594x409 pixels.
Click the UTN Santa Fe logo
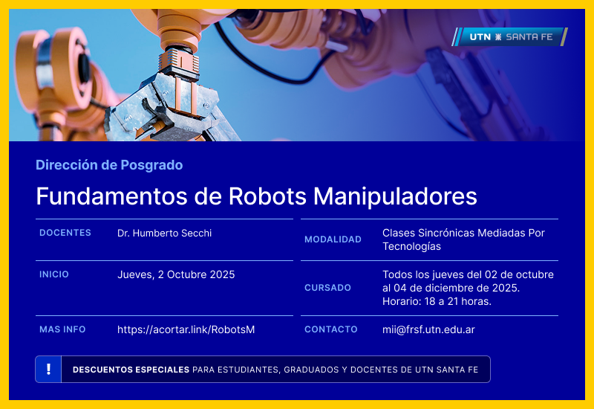click(510, 36)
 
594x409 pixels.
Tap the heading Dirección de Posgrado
click(109, 165)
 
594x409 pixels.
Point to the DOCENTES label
click(65, 233)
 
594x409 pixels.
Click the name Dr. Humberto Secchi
click(164, 233)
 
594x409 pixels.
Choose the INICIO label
click(54, 274)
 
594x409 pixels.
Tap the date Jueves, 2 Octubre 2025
click(176, 274)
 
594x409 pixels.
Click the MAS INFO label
click(62, 329)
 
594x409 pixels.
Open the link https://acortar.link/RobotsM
click(186, 329)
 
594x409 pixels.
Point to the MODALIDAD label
click(333, 239)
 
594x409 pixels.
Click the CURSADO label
click(327, 288)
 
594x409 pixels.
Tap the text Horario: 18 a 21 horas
click(437, 301)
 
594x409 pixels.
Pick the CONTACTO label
click(331, 329)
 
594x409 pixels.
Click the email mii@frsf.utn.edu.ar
click(428, 329)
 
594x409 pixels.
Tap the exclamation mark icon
click(48, 369)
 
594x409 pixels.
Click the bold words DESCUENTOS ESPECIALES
click(131, 370)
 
